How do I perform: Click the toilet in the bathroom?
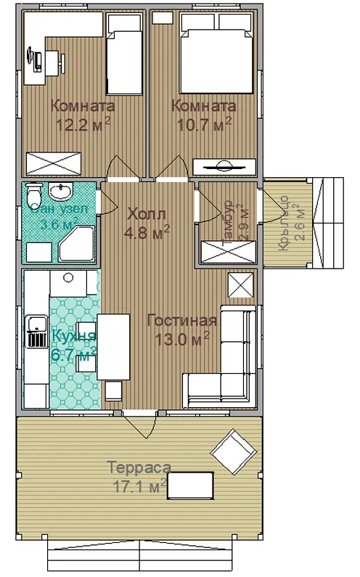(x=35, y=191)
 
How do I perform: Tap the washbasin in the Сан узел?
(x=61, y=192)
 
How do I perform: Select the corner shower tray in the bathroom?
(x=77, y=244)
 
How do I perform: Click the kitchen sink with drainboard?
(x=36, y=331)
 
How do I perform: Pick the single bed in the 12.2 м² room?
(x=124, y=54)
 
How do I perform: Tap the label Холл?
(x=147, y=213)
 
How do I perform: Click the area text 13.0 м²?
(x=182, y=339)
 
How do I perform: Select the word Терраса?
(x=139, y=467)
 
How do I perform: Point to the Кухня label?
(x=74, y=335)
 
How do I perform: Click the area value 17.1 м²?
(x=140, y=486)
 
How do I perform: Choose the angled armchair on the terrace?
(x=234, y=451)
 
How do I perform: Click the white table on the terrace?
(x=190, y=486)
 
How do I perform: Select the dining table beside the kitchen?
(x=114, y=347)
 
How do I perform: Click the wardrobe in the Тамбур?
(x=228, y=252)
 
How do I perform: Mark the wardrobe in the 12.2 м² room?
(x=54, y=163)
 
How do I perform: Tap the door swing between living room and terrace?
(x=141, y=426)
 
